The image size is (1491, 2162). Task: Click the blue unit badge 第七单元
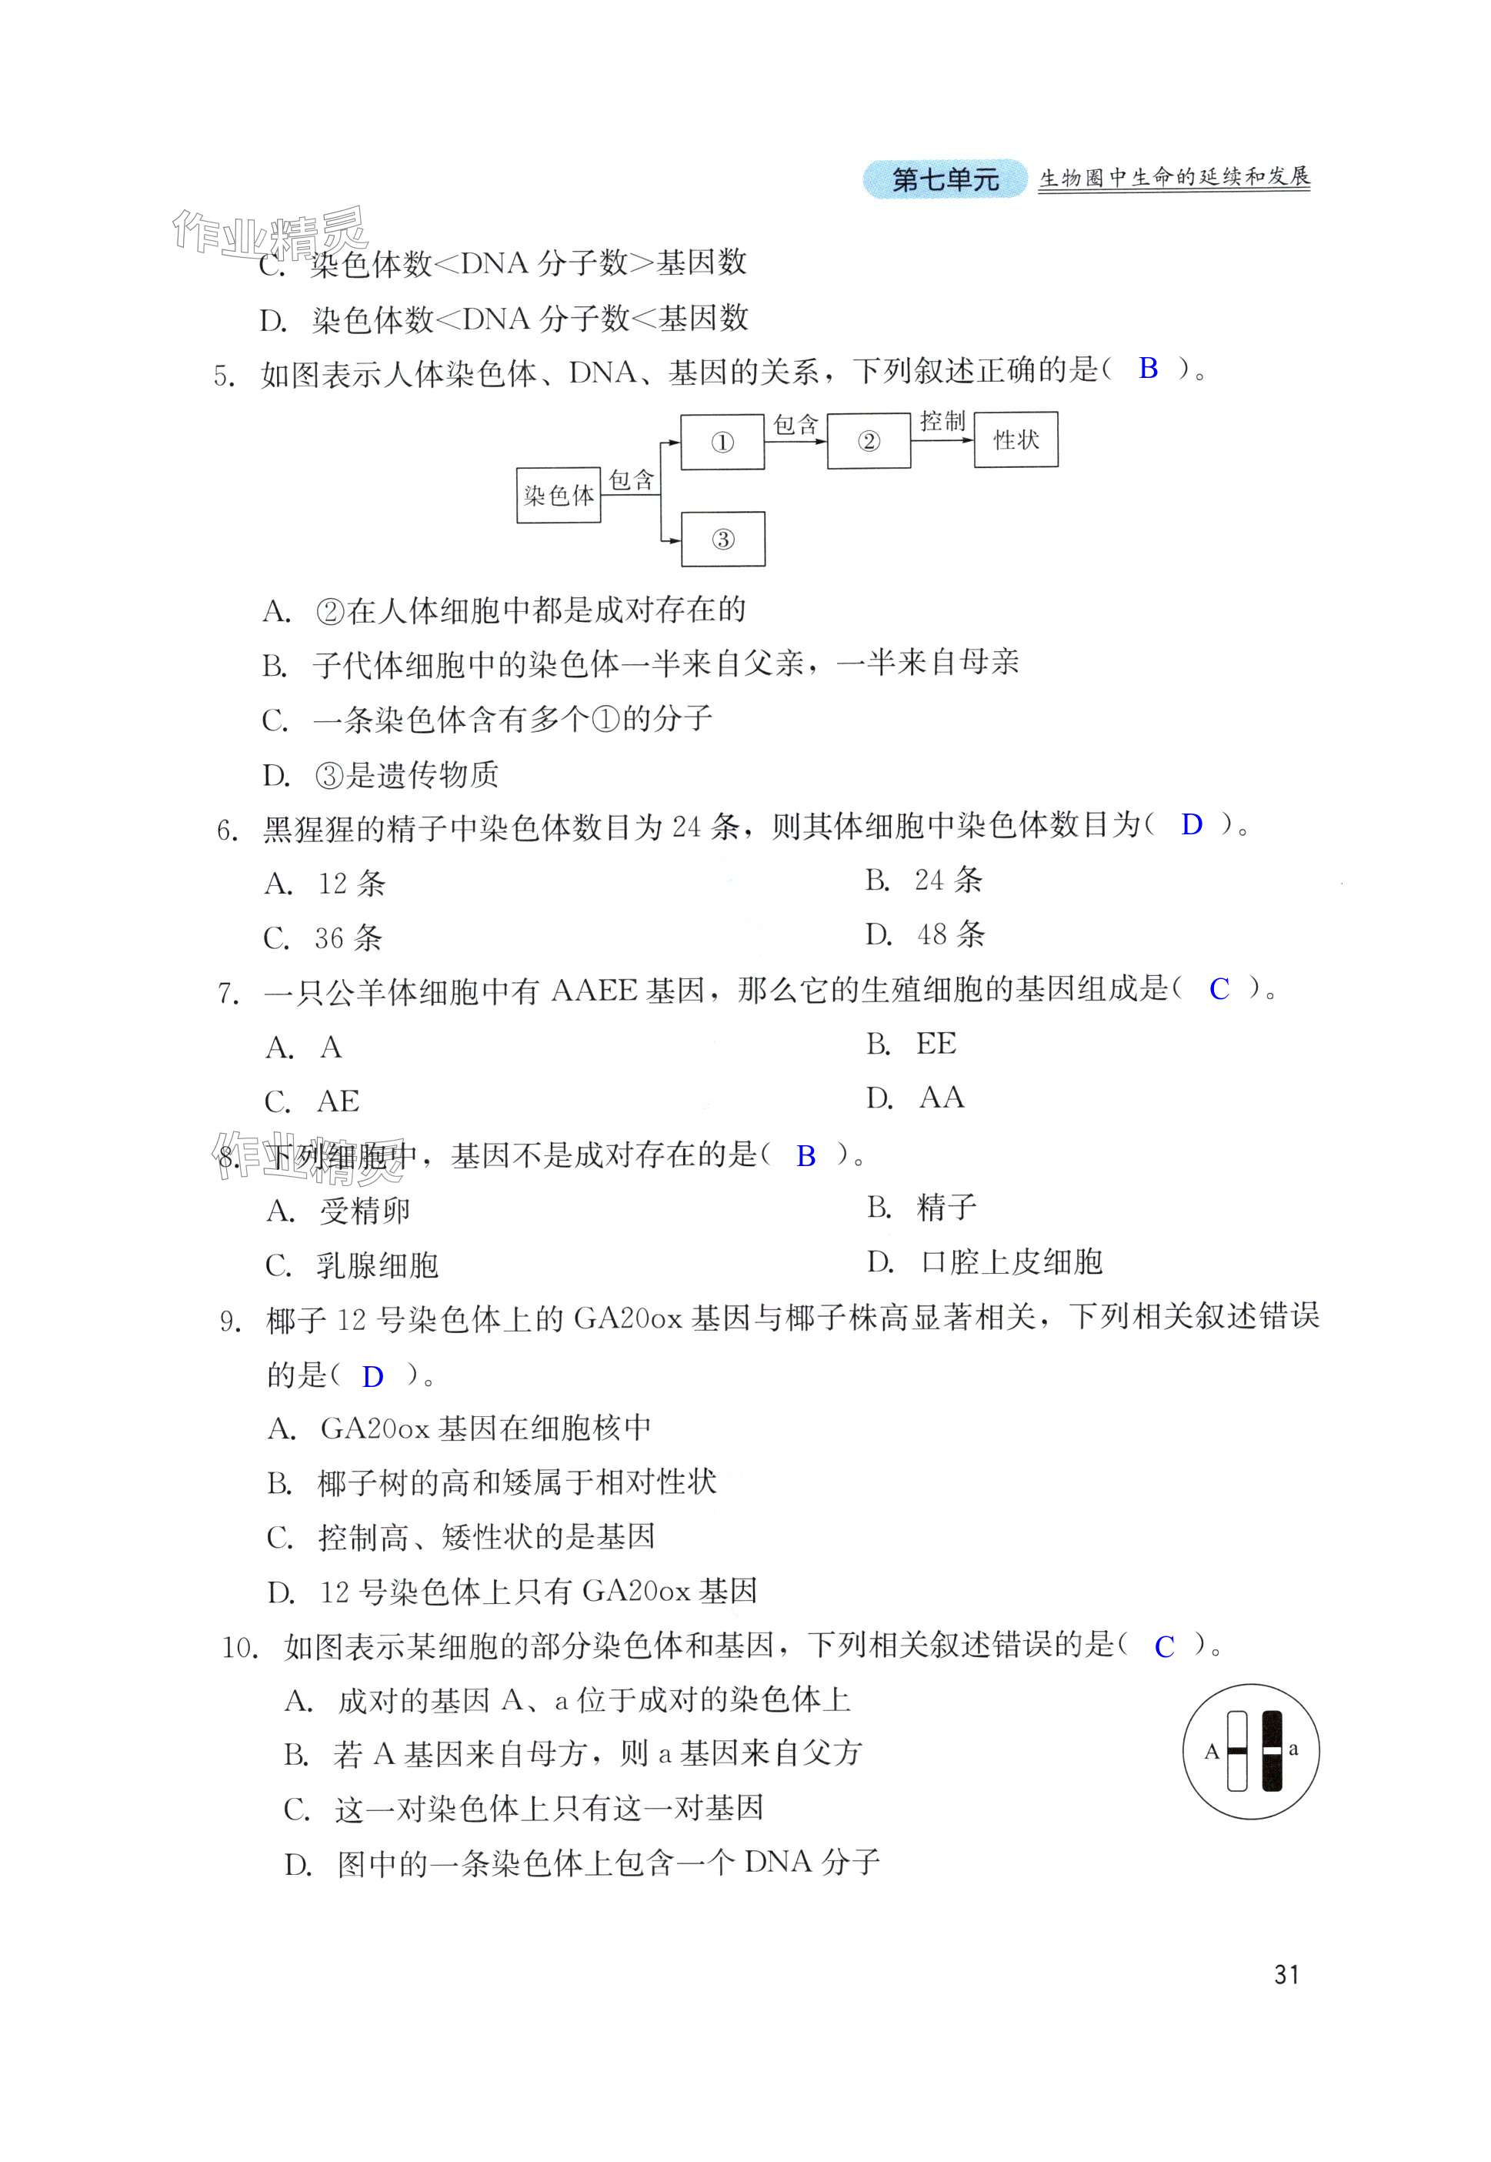[x=945, y=179]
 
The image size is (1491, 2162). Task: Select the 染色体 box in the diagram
[x=559, y=494]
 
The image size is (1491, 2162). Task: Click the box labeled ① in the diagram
[x=722, y=442]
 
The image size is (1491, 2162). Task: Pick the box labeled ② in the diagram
[x=868, y=441]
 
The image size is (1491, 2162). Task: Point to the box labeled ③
[x=722, y=539]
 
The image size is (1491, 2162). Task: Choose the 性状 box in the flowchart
[x=1016, y=439]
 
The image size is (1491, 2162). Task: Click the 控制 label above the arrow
[x=942, y=421]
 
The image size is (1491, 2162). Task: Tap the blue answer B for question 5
[x=1148, y=368]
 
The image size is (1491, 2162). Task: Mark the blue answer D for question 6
[x=1191, y=824]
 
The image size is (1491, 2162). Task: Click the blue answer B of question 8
[x=806, y=1157]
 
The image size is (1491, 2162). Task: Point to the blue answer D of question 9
[x=372, y=1376]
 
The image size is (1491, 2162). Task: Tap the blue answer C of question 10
[x=1163, y=1646]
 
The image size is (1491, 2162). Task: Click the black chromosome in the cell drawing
[x=1272, y=1750]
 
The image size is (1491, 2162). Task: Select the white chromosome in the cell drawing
[x=1237, y=1750]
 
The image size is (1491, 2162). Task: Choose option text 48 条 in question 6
[x=951, y=934]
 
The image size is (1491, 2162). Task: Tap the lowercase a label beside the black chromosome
[x=1293, y=1748]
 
